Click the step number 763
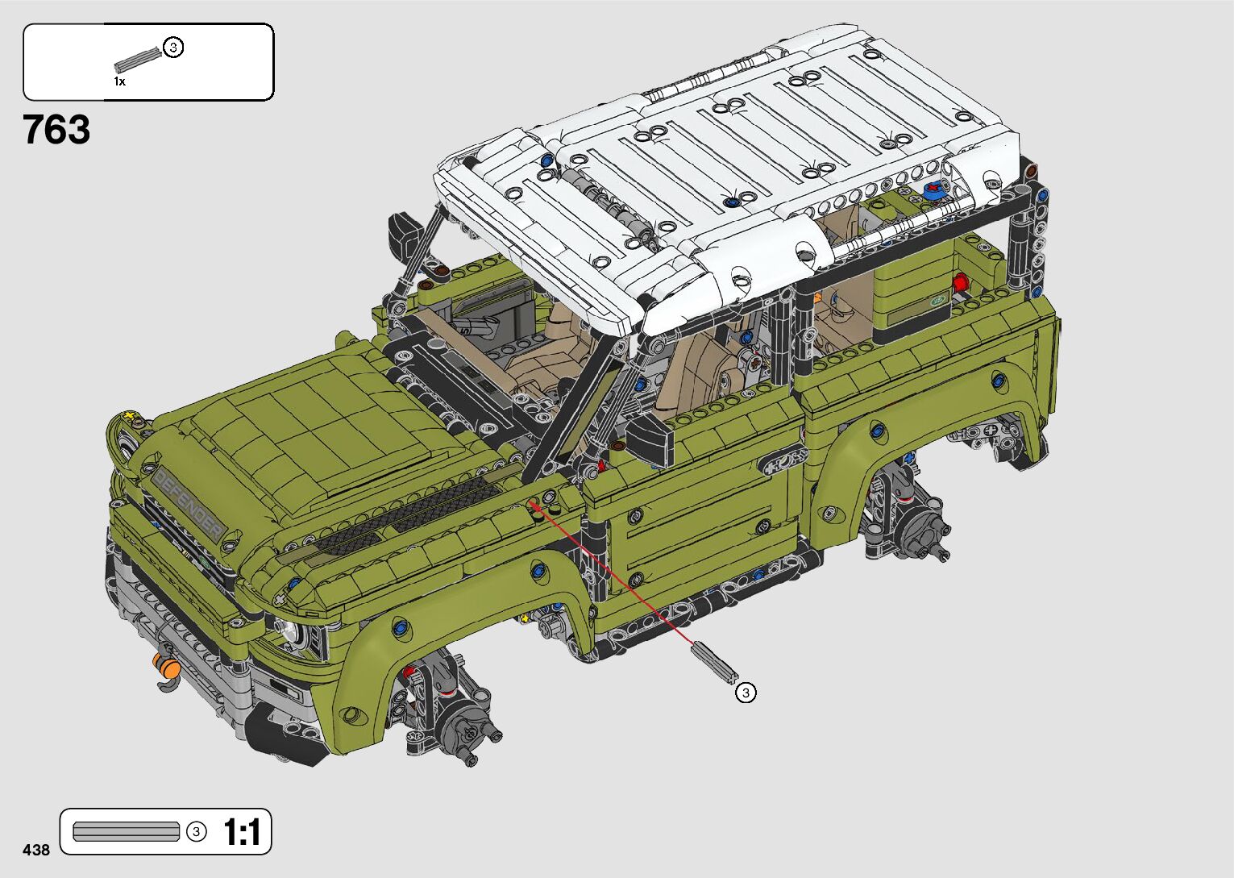coord(56,130)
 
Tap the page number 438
coord(36,849)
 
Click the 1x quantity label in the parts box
coord(119,81)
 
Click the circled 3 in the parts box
coord(173,48)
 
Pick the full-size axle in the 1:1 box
coord(127,832)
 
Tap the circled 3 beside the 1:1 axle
coord(196,832)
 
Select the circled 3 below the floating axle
coord(746,693)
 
